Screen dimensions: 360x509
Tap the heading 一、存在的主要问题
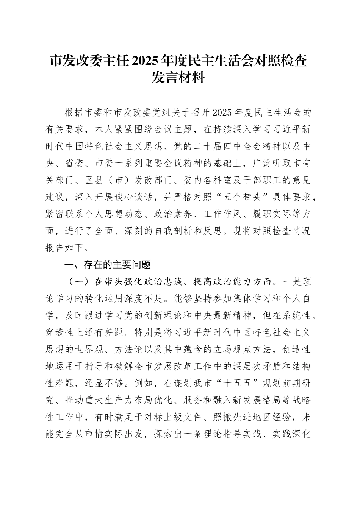[x=108, y=265]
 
